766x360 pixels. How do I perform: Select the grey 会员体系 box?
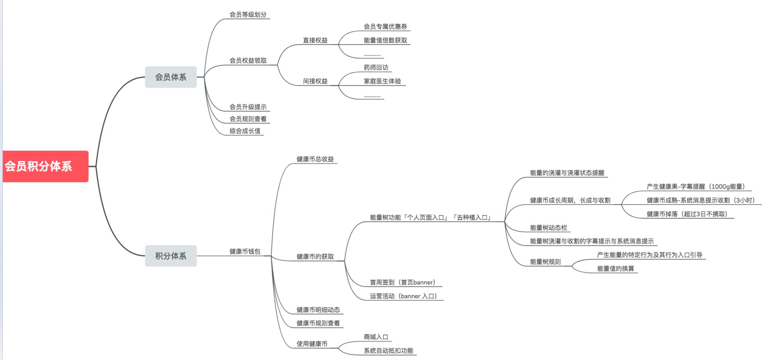tap(171, 77)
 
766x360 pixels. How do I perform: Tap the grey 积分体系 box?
tap(171, 256)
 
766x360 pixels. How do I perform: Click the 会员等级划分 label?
tap(248, 15)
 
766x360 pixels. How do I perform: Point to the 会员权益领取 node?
tap(248, 60)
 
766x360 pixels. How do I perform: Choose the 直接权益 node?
tap(315, 40)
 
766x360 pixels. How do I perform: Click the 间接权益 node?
tap(315, 81)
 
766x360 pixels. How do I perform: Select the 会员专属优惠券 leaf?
tap(385, 27)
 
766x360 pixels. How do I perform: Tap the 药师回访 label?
tap(376, 67)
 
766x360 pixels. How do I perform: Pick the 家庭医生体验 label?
tap(382, 81)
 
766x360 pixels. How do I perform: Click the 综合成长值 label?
tap(245, 131)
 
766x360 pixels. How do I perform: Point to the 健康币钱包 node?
tap(245, 251)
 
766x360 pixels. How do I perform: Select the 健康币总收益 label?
tap(315, 159)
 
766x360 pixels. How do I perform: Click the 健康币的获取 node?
tap(315, 257)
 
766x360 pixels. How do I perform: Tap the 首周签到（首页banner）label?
tap(403, 282)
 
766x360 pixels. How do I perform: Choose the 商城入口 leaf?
tap(376, 337)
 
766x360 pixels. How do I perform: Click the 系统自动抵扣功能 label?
tap(388, 351)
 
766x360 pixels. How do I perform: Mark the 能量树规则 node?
tap(545, 262)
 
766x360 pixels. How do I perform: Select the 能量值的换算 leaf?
tap(615, 269)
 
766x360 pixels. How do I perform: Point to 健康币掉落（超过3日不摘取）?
tap(687, 214)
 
